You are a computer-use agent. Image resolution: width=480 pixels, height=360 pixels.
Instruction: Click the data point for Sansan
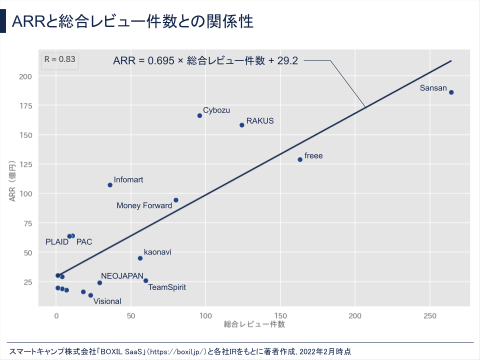tap(451, 92)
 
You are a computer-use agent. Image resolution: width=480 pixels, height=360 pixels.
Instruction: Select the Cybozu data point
tap(199, 115)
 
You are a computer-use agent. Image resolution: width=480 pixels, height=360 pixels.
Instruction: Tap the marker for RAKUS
tap(242, 125)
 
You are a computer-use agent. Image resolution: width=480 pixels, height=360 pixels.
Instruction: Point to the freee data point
tap(300, 159)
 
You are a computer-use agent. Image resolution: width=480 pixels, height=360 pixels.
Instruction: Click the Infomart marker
tap(110, 185)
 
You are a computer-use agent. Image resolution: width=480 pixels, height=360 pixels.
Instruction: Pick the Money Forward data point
tap(176, 200)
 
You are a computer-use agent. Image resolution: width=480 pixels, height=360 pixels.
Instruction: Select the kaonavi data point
tap(140, 258)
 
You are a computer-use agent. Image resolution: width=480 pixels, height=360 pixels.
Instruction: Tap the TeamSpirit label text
tap(167, 287)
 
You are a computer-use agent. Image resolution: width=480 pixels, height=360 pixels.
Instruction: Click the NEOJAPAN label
tap(122, 276)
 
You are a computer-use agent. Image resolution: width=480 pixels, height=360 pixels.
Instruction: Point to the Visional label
tap(107, 301)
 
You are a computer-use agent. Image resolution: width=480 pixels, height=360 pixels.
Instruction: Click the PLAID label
tap(57, 242)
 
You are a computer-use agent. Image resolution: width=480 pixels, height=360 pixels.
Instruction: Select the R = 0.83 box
tap(59, 59)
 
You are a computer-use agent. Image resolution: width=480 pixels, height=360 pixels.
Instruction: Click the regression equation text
tap(205, 61)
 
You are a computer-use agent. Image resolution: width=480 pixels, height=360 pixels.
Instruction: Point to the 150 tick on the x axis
tap(280, 316)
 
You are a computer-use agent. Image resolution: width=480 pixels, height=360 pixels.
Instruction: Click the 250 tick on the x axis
tap(430, 316)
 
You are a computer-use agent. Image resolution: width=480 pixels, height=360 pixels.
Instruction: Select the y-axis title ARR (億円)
tap(13, 181)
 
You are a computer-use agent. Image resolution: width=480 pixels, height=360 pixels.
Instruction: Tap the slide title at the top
tap(132, 22)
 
